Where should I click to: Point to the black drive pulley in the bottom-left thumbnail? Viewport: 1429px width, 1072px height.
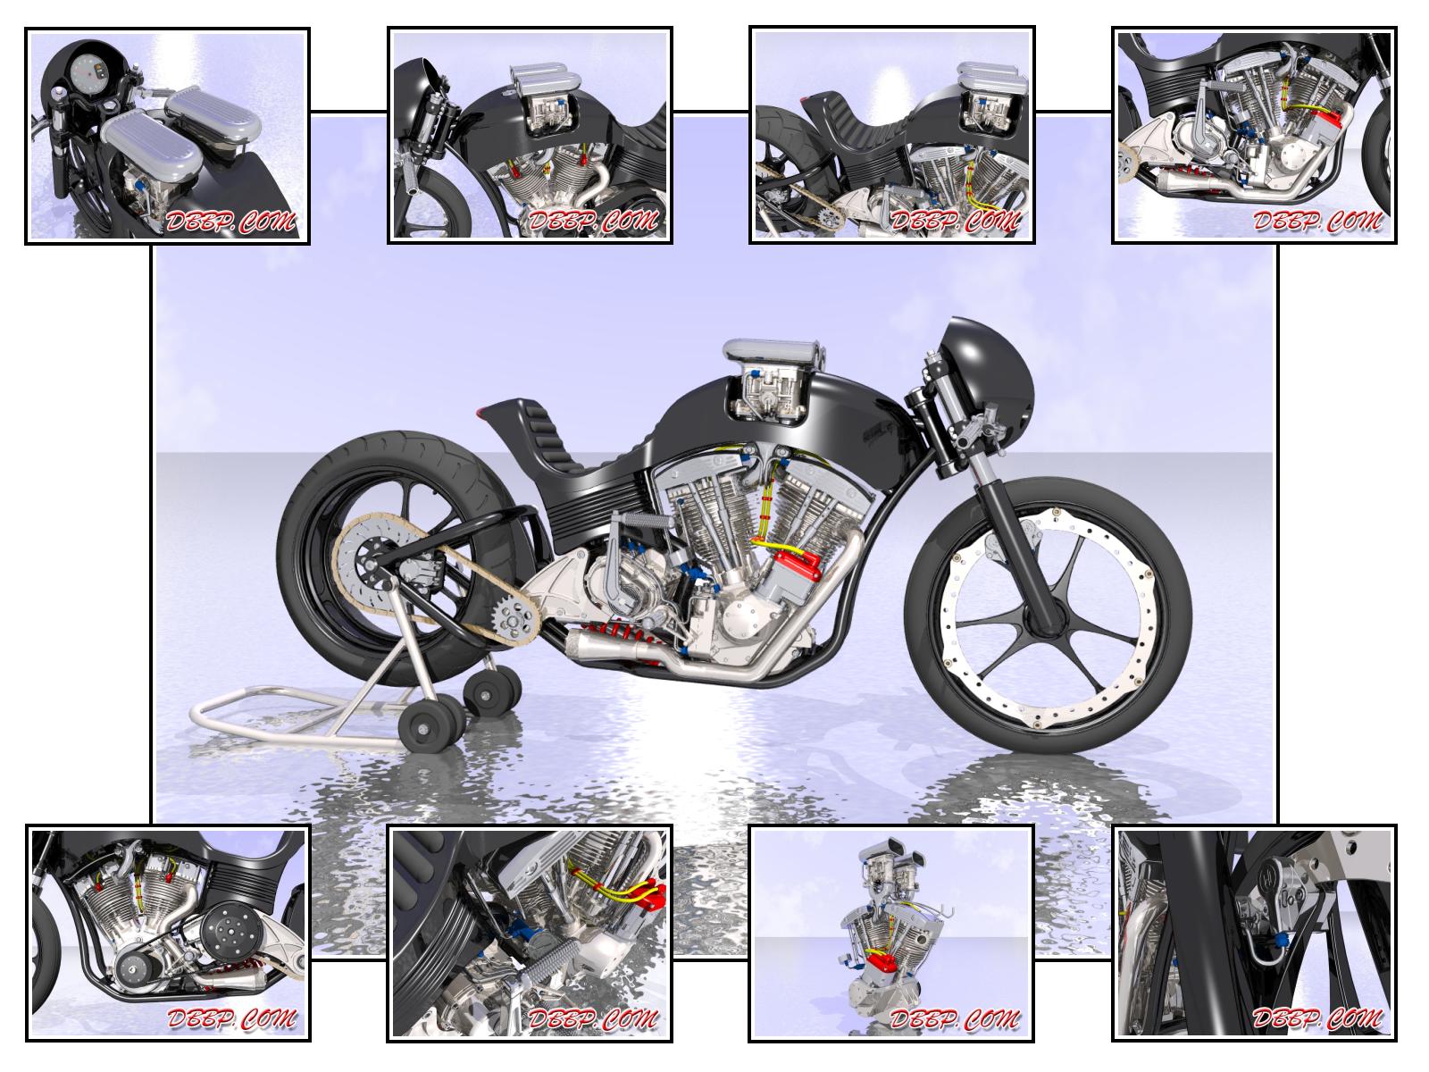(232, 932)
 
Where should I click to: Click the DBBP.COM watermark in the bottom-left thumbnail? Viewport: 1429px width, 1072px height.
(231, 1018)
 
